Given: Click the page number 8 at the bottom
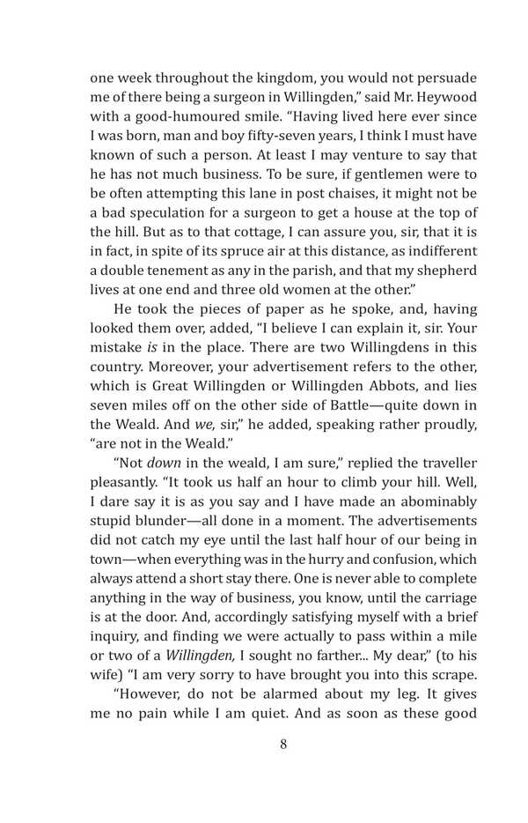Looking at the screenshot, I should click(x=282, y=744).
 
